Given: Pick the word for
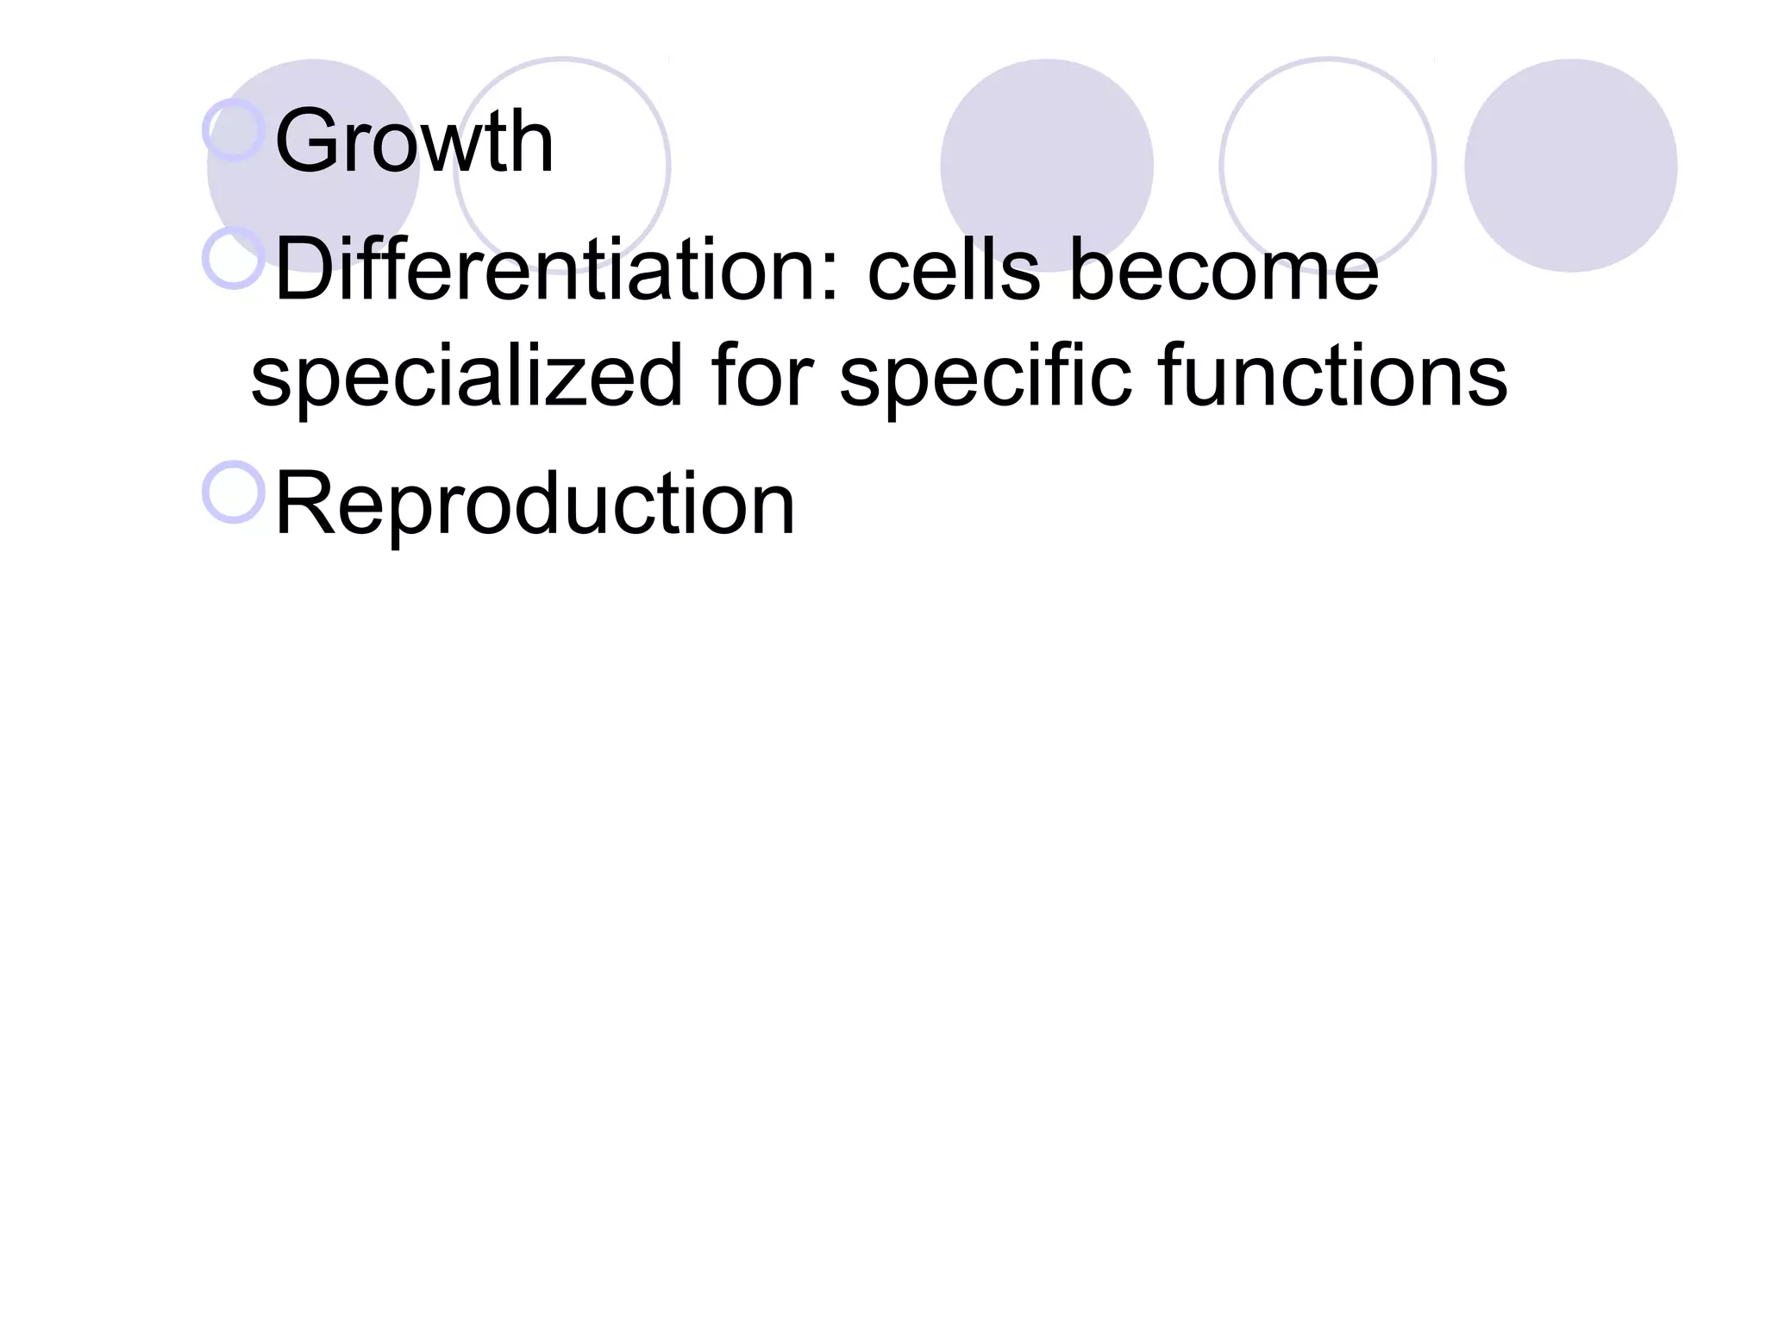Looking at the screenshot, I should [x=762, y=375].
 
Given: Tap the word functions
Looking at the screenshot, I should [x=1333, y=375].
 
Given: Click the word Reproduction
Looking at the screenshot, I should [x=535, y=504].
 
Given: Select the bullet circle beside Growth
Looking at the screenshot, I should [x=234, y=129].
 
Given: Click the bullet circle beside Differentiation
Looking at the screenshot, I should [x=234, y=258].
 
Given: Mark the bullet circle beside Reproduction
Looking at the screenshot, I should [x=234, y=492].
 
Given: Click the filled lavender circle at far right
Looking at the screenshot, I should [x=1570, y=166].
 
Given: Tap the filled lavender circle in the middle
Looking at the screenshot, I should [x=1046, y=166].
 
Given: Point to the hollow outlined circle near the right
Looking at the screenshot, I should [x=1328, y=166].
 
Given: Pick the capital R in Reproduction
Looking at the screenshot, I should [x=304, y=504].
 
